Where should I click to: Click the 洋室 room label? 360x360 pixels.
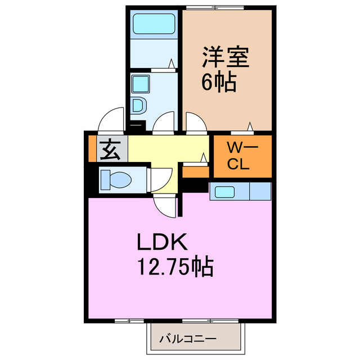pos(224,57)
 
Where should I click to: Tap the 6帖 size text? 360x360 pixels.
pos(218,83)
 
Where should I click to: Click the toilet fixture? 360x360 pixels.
pos(115,180)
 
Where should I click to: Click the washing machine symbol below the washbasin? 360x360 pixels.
pos(139,105)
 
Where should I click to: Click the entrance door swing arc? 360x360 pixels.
pos(110,120)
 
